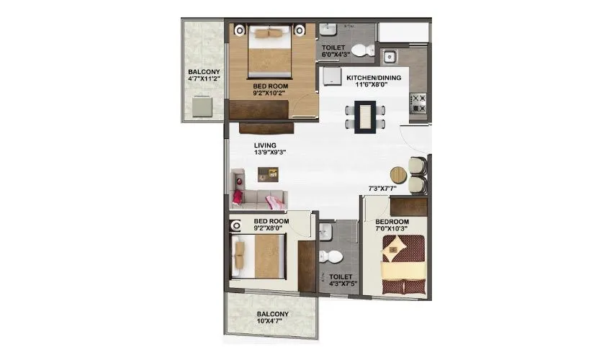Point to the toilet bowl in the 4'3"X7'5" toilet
click(333, 256)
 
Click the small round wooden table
click(398, 175)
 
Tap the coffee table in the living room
click(269, 172)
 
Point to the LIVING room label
click(264, 145)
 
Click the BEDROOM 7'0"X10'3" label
click(393, 225)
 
